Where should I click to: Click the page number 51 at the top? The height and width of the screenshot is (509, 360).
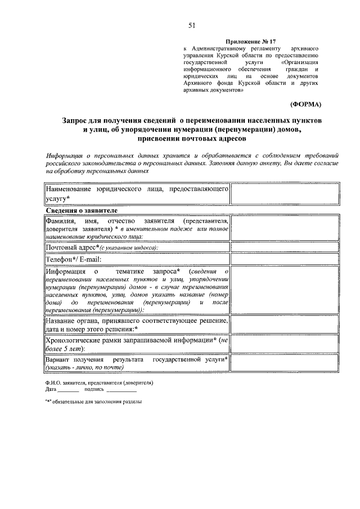click(x=192, y=25)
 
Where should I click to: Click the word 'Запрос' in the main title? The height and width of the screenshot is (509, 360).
click(x=79, y=121)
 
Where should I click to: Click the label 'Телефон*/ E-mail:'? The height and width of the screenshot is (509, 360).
click(x=74, y=260)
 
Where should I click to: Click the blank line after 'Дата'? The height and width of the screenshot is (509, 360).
click(x=69, y=389)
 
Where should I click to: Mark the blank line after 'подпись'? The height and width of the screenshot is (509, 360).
click(x=121, y=389)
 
